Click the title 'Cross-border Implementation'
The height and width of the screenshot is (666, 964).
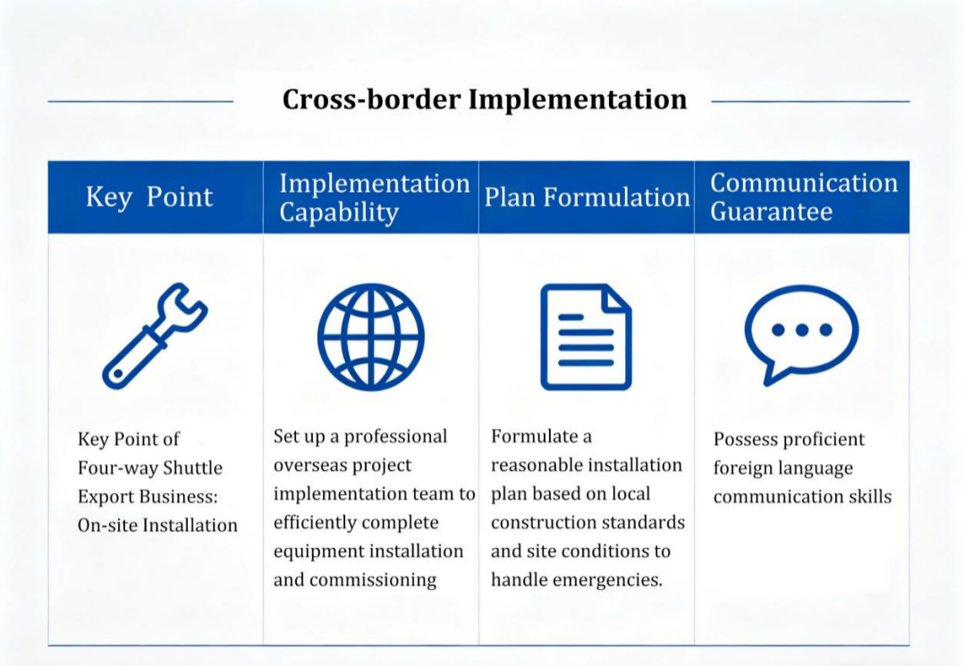485,99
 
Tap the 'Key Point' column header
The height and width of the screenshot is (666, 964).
149,197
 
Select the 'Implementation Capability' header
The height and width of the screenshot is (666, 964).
375,198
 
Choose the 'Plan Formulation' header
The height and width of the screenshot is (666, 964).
587,198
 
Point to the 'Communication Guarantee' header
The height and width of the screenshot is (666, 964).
804,197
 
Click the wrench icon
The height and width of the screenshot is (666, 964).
155,336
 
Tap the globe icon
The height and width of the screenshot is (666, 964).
371,337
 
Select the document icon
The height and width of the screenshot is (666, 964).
586,337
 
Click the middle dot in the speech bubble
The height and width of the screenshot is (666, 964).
801,330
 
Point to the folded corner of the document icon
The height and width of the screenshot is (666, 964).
617,298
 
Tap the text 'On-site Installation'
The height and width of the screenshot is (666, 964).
157,525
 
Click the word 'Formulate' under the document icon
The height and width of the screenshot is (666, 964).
534,437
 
